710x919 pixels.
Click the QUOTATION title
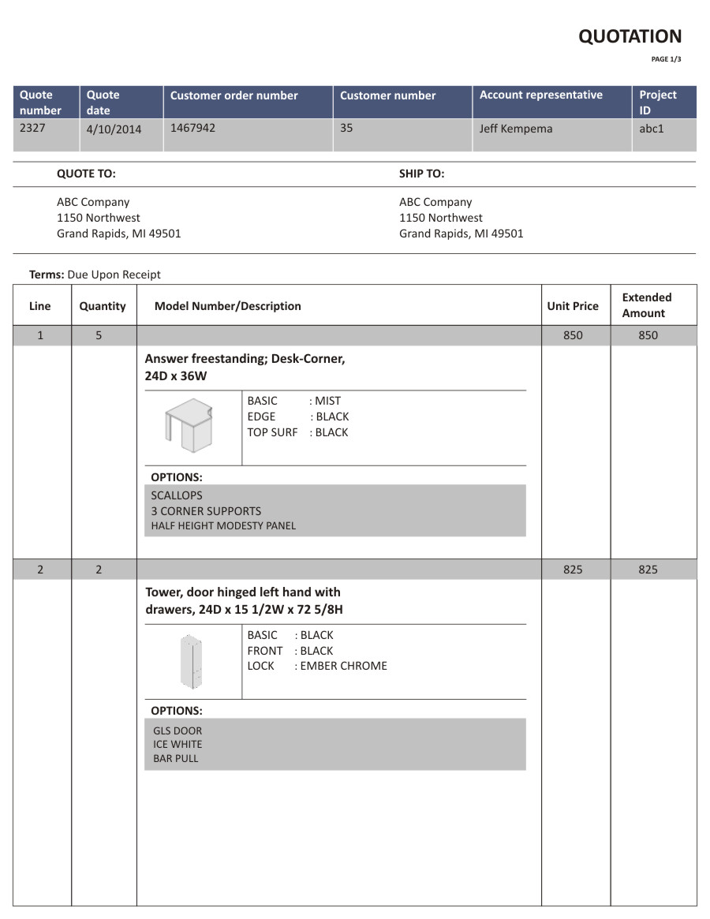click(x=630, y=36)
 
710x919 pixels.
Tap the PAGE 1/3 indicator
click(x=666, y=59)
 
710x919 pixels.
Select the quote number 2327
click(x=32, y=127)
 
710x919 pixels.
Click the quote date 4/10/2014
click(x=114, y=129)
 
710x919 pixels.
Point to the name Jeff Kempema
click(x=516, y=129)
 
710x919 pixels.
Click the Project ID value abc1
click(x=652, y=127)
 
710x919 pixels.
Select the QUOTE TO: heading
click(x=86, y=174)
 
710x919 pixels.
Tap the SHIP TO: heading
click(x=421, y=174)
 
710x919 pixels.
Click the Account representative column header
click(x=541, y=95)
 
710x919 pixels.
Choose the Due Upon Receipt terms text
click(x=114, y=275)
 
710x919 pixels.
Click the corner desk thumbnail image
click(x=189, y=425)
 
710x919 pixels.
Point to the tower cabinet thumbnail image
click(x=192, y=661)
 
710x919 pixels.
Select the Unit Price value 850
click(x=573, y=335)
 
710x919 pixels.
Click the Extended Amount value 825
click(x=648, y=570)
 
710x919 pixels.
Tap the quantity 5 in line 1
click(x=99, y=335)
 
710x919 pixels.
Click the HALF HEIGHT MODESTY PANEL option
click(x=223, y=526)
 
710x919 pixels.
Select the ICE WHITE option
click(x=177, y=744)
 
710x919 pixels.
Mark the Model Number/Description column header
click(x=227, y=306)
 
